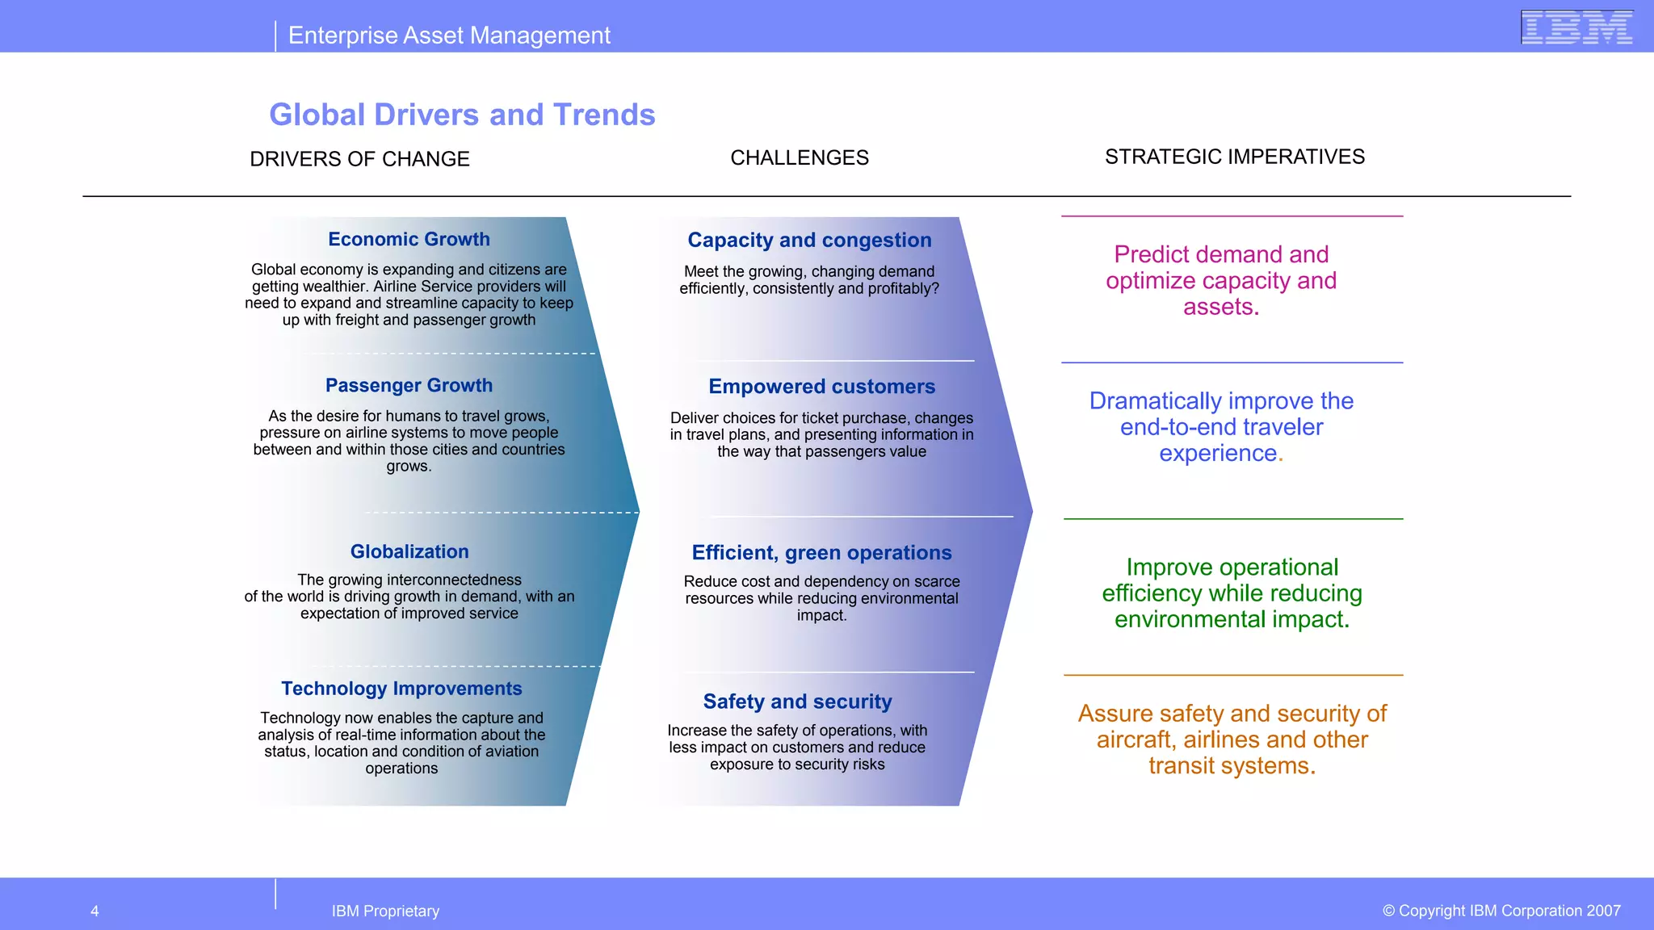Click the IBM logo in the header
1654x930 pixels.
[1576, 27]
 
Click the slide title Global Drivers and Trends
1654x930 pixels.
[462, 115]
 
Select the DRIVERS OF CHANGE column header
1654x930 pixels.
[359, 159]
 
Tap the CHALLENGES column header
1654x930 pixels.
[800, 157]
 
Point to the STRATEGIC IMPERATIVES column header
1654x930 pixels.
[1235, 157]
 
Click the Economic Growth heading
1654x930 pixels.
[409, 239]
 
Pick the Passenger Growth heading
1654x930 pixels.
[409, 385]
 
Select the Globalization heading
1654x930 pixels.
[409, 551]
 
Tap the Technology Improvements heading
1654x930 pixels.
[401, 689]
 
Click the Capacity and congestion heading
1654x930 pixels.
[809, 240]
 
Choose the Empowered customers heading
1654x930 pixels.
[821, 387]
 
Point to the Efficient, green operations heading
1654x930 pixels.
[821, 553]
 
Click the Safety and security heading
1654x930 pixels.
[797, 702]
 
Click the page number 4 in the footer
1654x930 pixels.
[94, 911]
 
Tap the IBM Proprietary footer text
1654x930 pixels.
[385, 911]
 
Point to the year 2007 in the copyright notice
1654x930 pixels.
[1603, 911]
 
